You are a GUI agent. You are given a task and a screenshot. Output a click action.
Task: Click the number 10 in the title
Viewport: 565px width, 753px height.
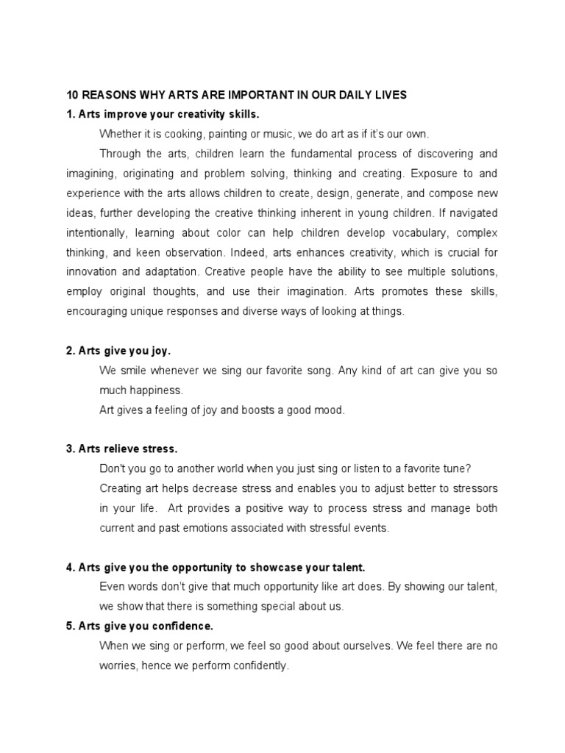[73, 95]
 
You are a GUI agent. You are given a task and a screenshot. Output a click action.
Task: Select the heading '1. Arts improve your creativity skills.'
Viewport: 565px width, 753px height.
[163, 115]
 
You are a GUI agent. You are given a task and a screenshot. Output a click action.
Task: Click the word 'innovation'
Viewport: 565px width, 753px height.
[91, 272]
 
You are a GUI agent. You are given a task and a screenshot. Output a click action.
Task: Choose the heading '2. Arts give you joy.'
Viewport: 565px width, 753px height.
[118, 351]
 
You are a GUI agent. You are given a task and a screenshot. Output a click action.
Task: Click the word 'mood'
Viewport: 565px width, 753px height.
[329, 410]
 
